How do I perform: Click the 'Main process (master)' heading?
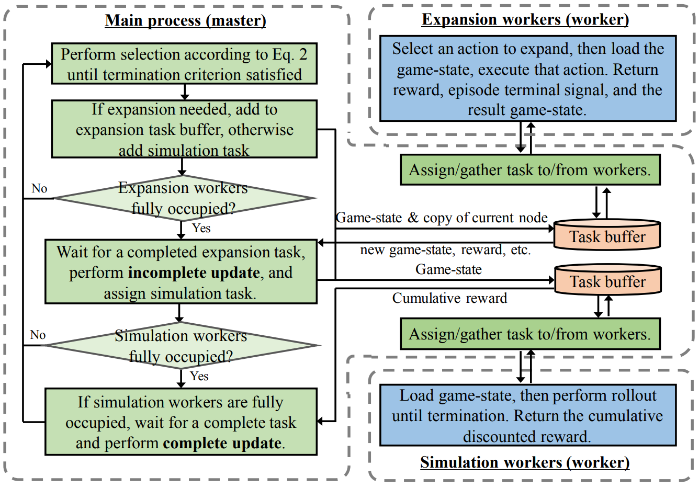tap(185, 20)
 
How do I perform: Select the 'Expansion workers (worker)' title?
tap(525, 19)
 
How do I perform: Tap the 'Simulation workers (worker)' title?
tap(525, 462)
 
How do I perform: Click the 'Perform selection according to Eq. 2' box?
tap(184, 64)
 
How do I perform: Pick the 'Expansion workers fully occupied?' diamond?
tap(183, 198)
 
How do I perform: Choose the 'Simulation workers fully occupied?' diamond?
tap(181, 346)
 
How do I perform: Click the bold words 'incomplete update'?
tap(194, 273)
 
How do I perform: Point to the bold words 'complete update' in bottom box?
tap(222, 443)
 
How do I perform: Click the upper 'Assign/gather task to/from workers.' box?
tap(530, 170)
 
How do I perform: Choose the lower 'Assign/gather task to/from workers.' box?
tap(530, 334)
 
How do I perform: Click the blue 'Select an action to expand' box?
tap(527, 79)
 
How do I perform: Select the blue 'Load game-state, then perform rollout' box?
tap(527, 416)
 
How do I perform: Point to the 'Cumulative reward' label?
tap(449, 298)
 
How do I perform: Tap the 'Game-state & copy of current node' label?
tap(442, 218)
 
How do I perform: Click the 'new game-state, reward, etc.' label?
tap(445, 250)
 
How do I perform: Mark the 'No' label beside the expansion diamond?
tap(39, 188)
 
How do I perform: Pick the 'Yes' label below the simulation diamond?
tap(199, 376)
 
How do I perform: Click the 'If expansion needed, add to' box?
tap(184, 130)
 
